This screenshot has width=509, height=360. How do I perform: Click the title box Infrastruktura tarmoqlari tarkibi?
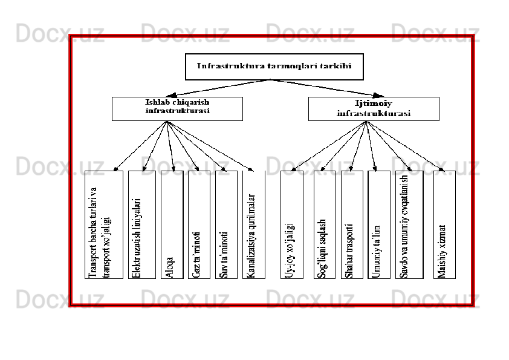[x=274, y=67]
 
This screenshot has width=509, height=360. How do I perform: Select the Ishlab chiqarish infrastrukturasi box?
[x=177, y=108]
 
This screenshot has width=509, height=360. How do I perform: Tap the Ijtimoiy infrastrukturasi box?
[x=373, y=109]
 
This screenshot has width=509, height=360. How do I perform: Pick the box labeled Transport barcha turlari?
[x=104, y=224]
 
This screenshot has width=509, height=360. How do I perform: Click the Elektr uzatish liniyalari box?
[x=141, y=224]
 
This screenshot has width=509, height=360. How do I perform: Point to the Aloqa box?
[x=172, y=224]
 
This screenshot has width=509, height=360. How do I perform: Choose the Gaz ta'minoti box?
[x=199, y=224]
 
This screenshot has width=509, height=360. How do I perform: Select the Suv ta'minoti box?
[x=225, y=224]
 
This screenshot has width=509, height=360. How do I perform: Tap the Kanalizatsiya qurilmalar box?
[x=254, y=224]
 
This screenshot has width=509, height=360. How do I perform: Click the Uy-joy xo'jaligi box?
[x=291, y=224]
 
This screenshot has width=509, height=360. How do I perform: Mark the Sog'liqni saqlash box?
[x=324, y=224]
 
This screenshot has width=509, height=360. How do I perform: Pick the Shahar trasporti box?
[x=352, y=224]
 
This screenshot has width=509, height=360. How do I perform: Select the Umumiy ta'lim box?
[x=378, y=224]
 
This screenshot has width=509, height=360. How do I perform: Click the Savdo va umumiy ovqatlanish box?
[x=409, y=224]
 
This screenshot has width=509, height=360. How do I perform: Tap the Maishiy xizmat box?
[x=444, y=224]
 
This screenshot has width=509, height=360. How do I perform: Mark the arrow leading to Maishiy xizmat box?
[x=404, y=146]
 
